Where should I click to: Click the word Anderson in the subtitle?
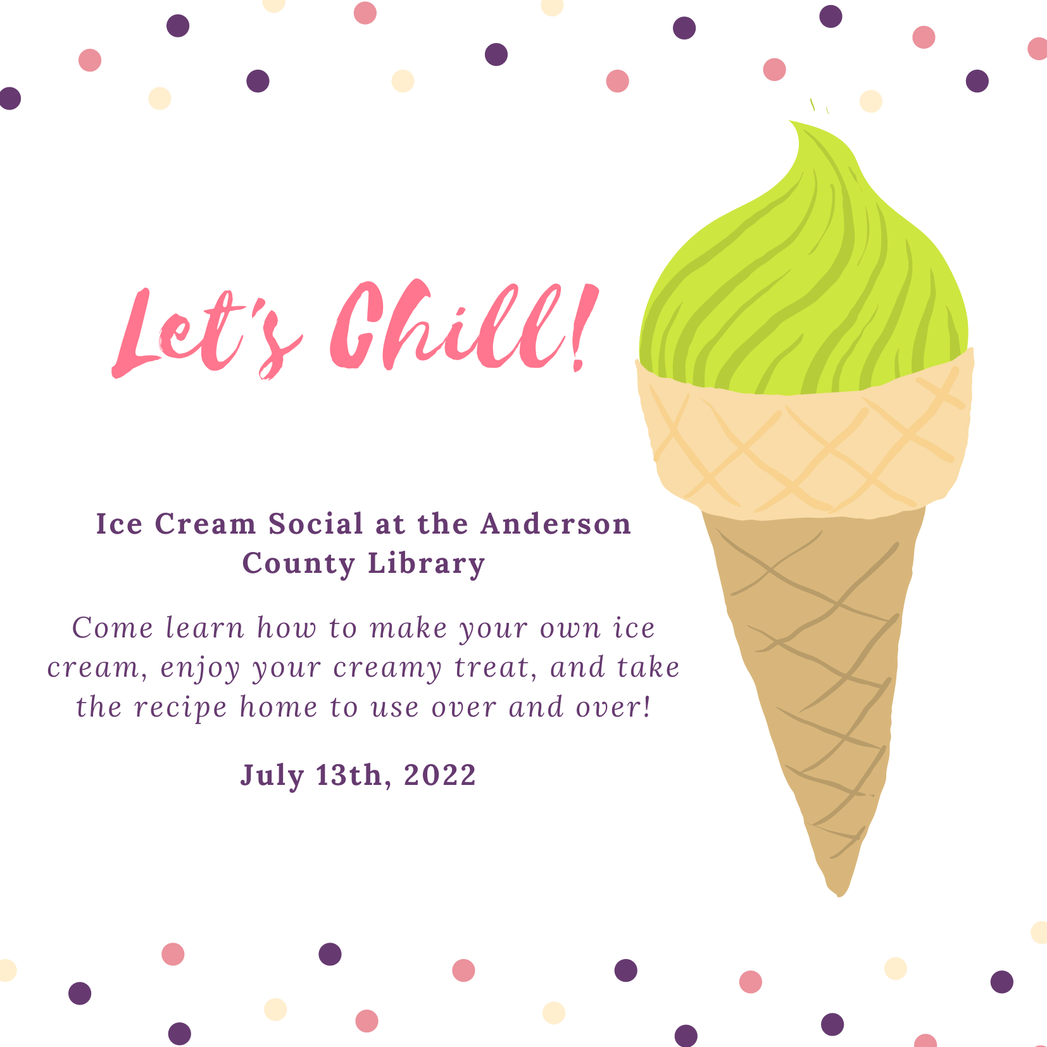tap(556, 524)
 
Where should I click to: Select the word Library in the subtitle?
tap(427, 563)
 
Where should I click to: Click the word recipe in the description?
tap(181, 708)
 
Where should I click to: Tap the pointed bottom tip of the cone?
tap(839, 895)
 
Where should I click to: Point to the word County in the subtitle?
tap(299, 563)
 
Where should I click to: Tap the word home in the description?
tap(278, 707)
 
